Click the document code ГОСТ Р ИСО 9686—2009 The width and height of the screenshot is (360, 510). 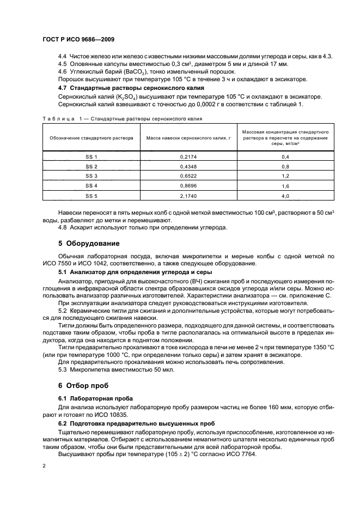pyautogui.click(x=78, y=40)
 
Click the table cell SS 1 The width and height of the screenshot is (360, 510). pyautogui.click(x=91, y=157)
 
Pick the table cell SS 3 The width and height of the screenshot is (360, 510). pyautogui.click(x=91, y=176)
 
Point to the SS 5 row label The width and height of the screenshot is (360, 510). pyautogui.click(x=91, y=196)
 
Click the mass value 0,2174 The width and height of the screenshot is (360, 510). pyautogui.click(x=188, y=157)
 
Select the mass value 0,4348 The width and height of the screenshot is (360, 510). pyautogui.click(x=188, y=166)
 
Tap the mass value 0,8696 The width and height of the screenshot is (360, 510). pyautogui.click(x=188, y=186)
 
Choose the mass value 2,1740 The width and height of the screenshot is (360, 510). pyautogui.click(x=188, y=196)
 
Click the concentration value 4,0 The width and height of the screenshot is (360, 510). pyautogui.click(x=285, y=196)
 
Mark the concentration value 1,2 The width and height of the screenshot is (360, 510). pyautogui.click(x=285, y=176)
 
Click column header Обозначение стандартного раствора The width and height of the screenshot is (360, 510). pyautogui.click(x=91, y=138)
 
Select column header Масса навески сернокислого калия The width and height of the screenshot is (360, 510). pyautogui.click(x=188, y=138)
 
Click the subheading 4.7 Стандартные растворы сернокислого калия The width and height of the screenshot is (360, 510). pyautogui.click(x=131, y=88)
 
